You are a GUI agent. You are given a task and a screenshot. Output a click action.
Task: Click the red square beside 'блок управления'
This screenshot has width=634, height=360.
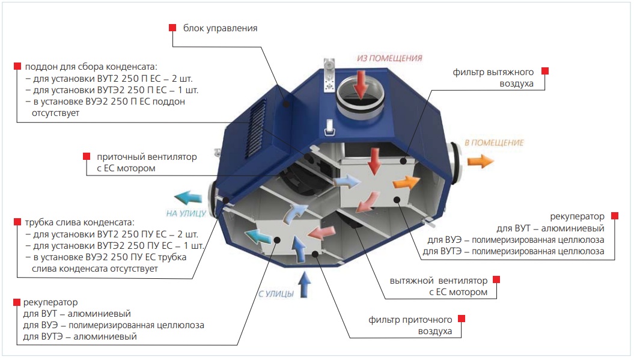tap(172, 28)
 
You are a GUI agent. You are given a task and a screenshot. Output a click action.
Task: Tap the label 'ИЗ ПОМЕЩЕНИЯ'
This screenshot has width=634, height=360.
tap(389, 58)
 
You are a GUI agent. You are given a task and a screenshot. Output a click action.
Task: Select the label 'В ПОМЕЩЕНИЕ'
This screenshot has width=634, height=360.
tap(494, 143)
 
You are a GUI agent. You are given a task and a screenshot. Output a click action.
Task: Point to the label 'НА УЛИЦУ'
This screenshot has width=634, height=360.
tap(186, 213)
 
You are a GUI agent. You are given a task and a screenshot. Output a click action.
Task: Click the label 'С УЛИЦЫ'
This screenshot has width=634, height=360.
tap(276, 294)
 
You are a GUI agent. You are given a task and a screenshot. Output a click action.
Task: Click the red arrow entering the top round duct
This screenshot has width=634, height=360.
tap(360, 84)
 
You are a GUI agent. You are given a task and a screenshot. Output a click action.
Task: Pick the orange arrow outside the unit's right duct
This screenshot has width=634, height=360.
tap(480, 161)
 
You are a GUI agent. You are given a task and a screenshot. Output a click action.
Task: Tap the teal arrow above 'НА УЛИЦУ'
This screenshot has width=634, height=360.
tap(189, 197)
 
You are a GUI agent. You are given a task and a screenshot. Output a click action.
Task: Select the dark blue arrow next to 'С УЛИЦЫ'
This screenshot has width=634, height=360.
tap(305, 285)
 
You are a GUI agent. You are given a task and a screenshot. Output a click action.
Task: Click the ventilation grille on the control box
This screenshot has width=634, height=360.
tap(257, 128)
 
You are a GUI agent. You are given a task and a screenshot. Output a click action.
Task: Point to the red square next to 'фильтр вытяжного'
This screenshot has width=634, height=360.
tap(545, 71)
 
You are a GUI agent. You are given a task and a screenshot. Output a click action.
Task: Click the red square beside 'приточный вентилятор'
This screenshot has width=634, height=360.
tap(87, 156)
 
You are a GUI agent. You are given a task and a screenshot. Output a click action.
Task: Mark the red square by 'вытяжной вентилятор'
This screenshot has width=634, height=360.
tap(496, 279)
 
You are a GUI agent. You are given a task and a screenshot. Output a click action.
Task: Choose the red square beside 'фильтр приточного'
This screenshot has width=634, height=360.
tap(462, 319)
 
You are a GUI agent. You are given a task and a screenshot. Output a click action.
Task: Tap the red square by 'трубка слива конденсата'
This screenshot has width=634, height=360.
tap(17, 222)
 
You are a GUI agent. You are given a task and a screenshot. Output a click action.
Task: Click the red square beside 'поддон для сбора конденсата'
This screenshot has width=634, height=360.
tap(17, 66)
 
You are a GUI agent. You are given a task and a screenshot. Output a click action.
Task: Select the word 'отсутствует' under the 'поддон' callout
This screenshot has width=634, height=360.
tap(55, 113)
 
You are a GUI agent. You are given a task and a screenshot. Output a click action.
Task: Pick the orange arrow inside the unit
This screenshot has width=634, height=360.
tap(406, 183)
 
